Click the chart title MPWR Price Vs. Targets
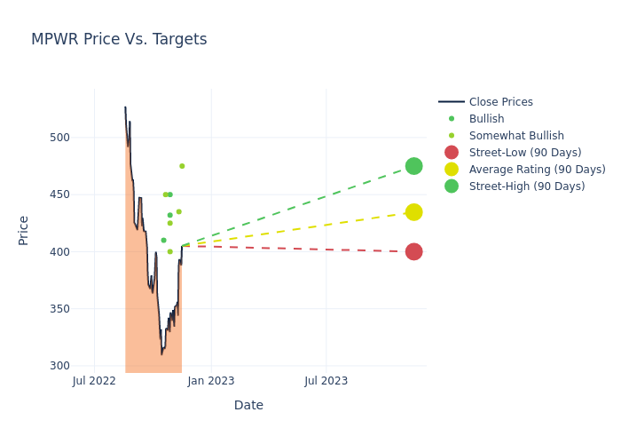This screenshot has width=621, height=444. pyautogui.click(x=119, y=39)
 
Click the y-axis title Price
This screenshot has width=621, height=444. pyautogui.click(x=24, y=230)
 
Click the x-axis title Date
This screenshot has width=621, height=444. pyautogui.click(x=248, y=405)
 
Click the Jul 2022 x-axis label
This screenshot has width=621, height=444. pyautogui.click(x=94, y=381)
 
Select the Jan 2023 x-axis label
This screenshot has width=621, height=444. pyautogui.click(x=211, y=381)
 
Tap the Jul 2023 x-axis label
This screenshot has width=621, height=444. pyautogui.click(x=326, y=381)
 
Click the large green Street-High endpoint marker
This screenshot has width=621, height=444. pyautogui.click(x=414, y=166)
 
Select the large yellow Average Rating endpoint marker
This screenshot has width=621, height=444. pyautogui.click(x=414, y=212)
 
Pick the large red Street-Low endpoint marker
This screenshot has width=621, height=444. pyautogui.click(x=414, y=251)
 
